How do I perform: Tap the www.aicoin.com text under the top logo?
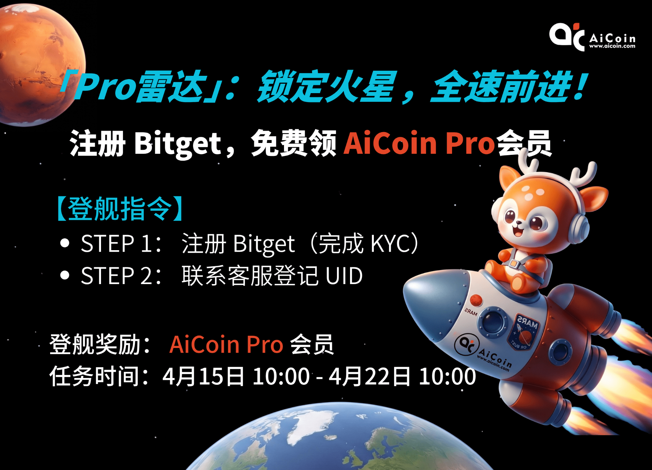coord(612,46)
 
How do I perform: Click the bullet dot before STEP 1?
coord(65,243)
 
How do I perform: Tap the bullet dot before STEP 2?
coord(65,275)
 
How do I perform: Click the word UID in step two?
coord(344,276)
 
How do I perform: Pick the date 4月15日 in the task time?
coord(203,376)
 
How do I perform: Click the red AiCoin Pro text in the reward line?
coord(226,344)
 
